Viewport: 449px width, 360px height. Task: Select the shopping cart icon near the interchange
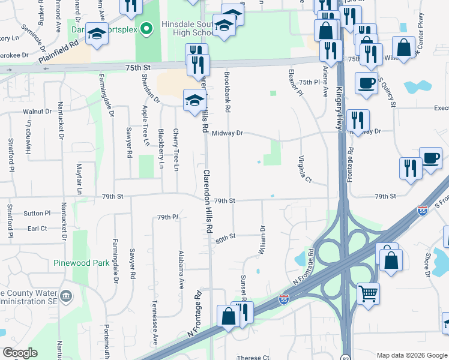pos(369,293)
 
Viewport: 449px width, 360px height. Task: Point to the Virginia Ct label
pos(306,170)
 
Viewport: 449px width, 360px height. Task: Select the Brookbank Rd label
pos(228,94)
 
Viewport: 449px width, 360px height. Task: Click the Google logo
pos(20,353)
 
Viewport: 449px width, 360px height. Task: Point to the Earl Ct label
pos(37,229)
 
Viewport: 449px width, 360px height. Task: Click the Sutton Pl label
pos(37,213)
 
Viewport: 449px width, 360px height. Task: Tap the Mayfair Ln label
pos(79,179)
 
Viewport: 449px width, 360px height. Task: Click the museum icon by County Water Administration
pos(67,296)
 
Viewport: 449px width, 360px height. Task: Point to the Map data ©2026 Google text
pos(411,355)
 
